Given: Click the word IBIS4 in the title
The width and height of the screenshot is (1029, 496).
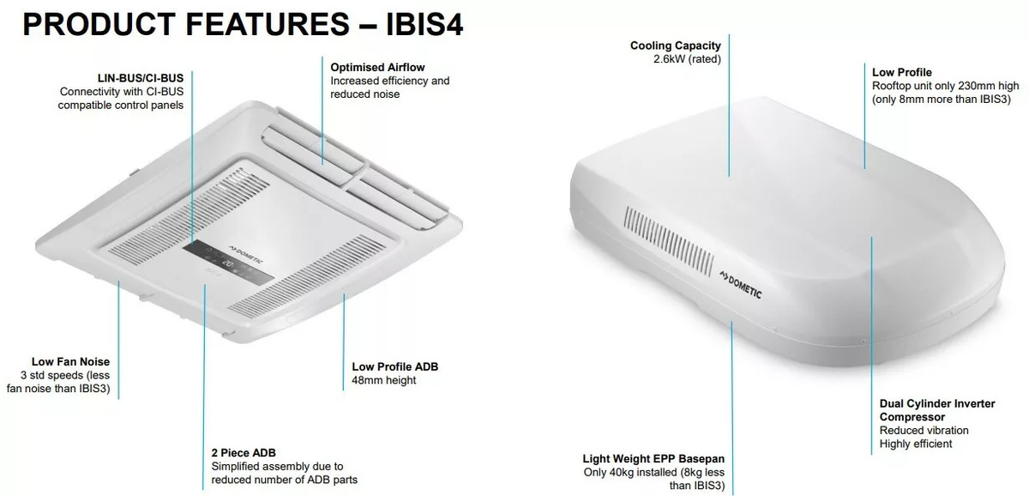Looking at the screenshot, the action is (424, 24).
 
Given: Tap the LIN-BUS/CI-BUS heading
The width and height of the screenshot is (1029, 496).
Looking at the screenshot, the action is (140, 78).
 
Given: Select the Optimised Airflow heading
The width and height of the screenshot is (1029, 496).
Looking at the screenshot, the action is (377, 67).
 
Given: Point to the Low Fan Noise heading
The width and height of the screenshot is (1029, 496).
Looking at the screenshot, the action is (70, 362).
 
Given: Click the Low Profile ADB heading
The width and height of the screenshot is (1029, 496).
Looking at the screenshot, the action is (395, 366).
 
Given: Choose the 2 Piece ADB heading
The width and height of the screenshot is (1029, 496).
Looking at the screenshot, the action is (244, 453).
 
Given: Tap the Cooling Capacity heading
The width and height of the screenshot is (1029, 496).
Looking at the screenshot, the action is (676, 45).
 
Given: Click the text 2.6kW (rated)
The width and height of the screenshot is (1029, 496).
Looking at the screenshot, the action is (687, 59).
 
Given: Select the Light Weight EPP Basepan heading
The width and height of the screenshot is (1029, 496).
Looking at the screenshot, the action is (653, 459).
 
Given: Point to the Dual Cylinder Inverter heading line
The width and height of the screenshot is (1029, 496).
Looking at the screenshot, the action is (937, 403).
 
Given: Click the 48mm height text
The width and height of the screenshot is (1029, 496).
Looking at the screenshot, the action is (383, 380).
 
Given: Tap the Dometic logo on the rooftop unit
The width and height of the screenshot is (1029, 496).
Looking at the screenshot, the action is (741, 285).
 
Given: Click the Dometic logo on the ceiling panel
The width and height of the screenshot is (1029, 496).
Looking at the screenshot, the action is (246, 255).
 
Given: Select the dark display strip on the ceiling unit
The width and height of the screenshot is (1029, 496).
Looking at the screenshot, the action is (228, 263).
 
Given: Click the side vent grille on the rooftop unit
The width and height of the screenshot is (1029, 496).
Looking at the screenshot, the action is (668, 241).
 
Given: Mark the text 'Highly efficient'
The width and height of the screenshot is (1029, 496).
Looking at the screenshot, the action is (916, 444).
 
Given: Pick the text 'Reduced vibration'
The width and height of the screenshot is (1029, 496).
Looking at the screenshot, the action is (924, 430).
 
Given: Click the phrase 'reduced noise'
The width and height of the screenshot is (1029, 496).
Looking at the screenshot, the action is (364, 94).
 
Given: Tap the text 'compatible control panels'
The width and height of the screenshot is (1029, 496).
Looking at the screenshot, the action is (120, 105).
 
